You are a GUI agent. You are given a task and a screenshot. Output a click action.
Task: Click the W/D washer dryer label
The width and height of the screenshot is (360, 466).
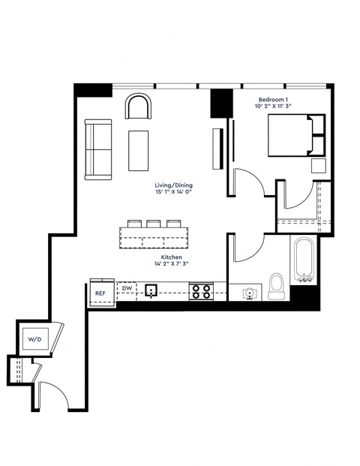[x=35, y=339]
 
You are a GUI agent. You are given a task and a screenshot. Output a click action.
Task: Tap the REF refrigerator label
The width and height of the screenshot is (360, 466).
[x=100, y=294]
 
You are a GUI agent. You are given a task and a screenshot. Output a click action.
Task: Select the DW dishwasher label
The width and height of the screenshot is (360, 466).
[x=127, y=287]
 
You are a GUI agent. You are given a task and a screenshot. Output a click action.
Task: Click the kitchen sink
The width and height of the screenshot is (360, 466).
[x=151, y=290]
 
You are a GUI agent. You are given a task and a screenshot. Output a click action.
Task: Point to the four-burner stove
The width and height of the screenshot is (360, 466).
[x=200, y=290]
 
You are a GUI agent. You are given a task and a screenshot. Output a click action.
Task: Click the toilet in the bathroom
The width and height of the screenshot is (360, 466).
[x=276, y=287]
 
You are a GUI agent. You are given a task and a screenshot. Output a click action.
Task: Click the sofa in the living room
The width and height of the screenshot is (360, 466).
[x=97, y=150]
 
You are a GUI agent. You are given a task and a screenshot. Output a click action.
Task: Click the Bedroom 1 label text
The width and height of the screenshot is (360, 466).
[x=273, y=100]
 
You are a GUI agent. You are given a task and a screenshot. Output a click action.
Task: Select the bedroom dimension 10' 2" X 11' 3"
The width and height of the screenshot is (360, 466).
[x=273, y=107]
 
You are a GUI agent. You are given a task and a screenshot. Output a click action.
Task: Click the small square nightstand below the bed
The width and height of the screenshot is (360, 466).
[x=318, y=167]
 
